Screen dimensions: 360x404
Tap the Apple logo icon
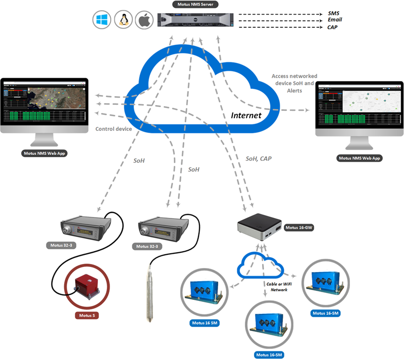coord(144,20)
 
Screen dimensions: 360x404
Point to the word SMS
coord(334,12)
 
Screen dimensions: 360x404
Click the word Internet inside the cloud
coord(246,115)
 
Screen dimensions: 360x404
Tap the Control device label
coord(114,129)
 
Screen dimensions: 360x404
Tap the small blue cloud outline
coord(261,265)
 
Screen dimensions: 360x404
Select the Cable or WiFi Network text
coord(277,287)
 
